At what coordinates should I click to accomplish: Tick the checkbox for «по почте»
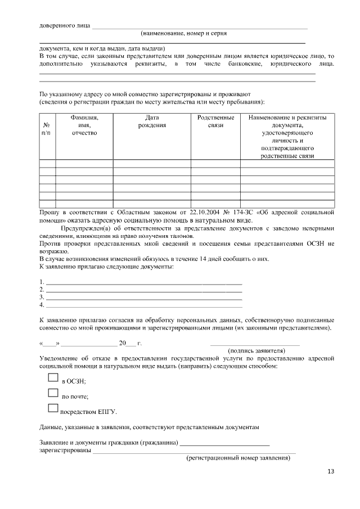pos(53,393)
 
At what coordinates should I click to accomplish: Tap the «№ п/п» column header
pos(47,129)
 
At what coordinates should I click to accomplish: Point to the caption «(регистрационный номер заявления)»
pos(238,458)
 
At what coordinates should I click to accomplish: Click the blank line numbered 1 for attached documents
pos(143,281)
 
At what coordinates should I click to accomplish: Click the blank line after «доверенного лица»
pos(200,26)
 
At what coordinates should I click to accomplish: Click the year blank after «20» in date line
pos(131,343)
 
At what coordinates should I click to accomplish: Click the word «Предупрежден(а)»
pos(86,229)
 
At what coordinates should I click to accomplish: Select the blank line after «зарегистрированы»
pos(194,451)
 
